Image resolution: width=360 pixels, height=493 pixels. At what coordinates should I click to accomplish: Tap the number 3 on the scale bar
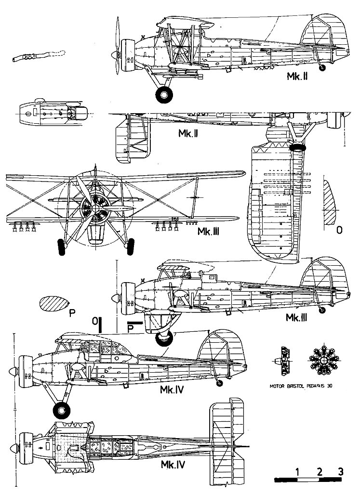[341, 471]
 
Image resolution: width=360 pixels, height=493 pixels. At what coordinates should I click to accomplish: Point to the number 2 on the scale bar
[320, 471]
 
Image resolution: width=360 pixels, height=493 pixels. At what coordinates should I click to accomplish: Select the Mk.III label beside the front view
[209, 232]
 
